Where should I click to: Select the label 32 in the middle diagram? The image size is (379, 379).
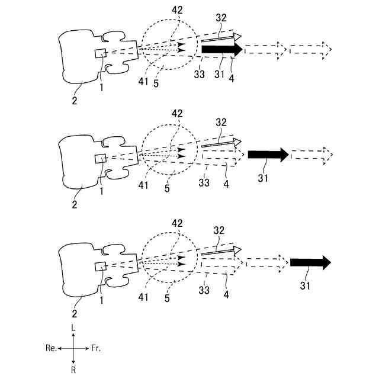pyautogui.click(x=221, y=122)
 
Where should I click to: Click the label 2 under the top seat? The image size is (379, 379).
pyautogui.click(x=75, y=101)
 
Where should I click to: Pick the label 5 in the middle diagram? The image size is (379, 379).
pyautogui.click(x=167, y=189)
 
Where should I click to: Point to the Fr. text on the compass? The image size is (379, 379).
pyautogui.click(x=95, y=348)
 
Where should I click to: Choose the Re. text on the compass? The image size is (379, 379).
pyautogui.click(x=51, y=348)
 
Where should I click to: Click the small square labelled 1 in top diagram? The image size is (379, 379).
pyautogui.click(x=101, y=54)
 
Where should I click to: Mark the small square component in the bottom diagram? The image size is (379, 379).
pyautogui.click(x=100, y=266)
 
